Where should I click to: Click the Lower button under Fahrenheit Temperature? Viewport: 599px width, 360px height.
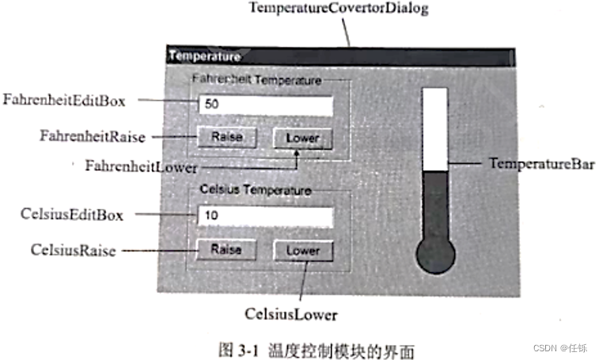[x=302, y=138]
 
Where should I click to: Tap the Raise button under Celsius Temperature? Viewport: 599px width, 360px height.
[x=226, y=249]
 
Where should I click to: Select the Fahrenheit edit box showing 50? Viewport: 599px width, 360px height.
[x=264, y=104]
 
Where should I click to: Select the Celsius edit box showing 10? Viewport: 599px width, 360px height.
[x=264, y=215]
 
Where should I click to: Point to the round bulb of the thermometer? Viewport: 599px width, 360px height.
[x=435, y=256]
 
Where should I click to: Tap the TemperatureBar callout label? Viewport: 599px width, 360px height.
[x=541, y=164]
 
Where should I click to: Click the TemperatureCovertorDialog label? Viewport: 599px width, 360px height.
[x=338, y=9]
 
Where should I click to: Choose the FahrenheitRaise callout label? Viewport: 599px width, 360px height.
[x=93, y=136]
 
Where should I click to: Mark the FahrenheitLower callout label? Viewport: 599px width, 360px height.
[x=141, y=166]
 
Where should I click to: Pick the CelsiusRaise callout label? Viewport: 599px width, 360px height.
[x=73, y=251]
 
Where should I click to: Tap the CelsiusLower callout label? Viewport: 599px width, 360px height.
[x=290, y=315]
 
